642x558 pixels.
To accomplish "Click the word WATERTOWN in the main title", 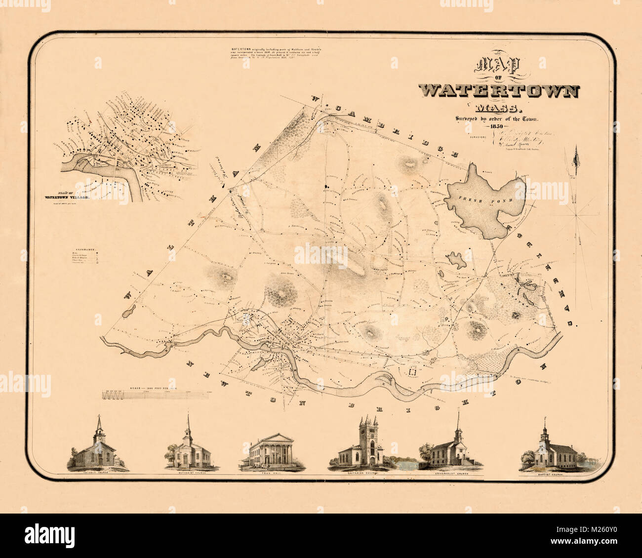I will pyautogui.click(x=499, y=91).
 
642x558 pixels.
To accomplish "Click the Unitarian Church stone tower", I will pyautogui.click(x=369, y=439).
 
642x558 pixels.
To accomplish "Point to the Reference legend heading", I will pyautogui.click(x=85, y=250).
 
